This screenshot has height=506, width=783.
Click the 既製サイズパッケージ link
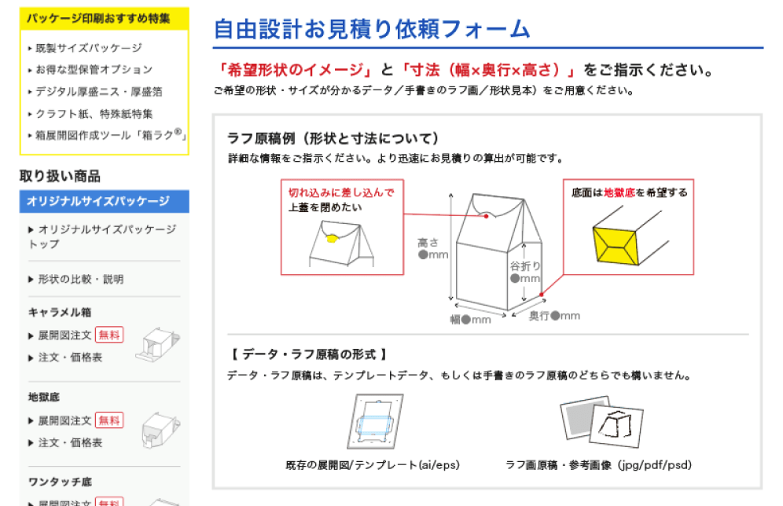88,48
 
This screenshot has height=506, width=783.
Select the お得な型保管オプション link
94,69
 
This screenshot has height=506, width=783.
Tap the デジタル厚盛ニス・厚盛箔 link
98,92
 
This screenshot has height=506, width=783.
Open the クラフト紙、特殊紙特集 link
94,114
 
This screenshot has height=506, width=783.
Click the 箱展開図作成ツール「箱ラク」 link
110,135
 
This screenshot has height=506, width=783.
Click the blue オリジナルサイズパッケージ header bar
105,201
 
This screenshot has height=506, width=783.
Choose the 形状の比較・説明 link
80,279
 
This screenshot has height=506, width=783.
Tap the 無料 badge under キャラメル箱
109,335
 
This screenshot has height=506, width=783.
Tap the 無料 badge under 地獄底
109,420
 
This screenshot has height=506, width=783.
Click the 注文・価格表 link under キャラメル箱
70,357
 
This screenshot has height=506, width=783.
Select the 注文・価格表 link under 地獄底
70,442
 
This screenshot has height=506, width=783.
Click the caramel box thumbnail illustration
157,344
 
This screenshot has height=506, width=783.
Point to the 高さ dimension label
428,243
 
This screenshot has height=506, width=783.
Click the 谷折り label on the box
525,266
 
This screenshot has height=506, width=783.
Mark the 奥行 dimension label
539,315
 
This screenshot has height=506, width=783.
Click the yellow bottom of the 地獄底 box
616,245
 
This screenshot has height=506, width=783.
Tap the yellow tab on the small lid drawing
332,239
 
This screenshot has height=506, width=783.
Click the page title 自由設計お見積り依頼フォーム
372,29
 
